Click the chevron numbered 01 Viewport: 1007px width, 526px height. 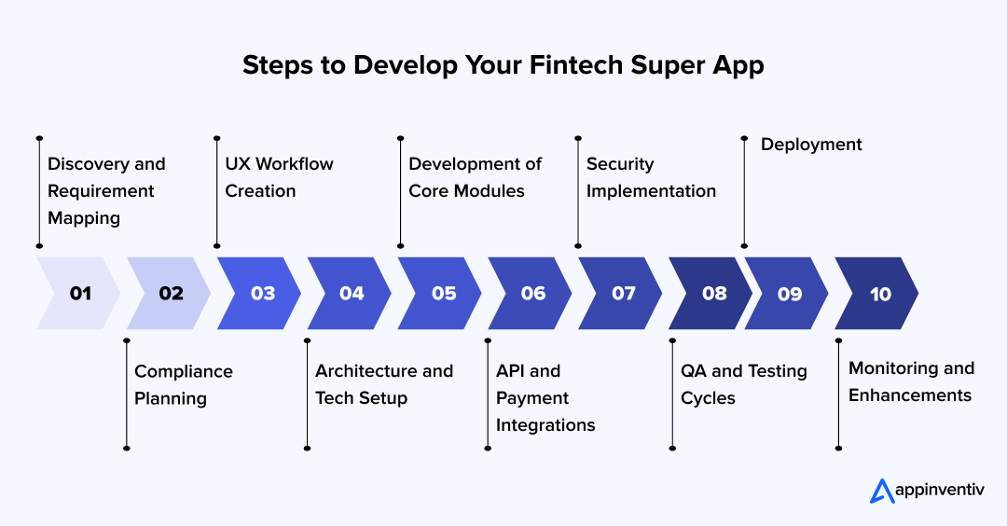[79, 294]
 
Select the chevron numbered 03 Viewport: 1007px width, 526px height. [262, 294]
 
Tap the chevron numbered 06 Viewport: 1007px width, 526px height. [532, 294]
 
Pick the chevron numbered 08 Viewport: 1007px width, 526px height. [712, 294]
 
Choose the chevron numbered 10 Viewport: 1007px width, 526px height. [879, 294]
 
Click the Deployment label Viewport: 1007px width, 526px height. [811, 145]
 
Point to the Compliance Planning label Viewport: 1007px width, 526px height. [183, 384]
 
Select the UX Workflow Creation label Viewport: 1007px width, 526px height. [278, 177]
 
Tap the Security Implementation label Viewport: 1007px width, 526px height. [651, 177]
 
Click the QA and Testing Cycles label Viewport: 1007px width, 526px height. [743, 384]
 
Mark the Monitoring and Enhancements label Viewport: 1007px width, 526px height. [911, 381]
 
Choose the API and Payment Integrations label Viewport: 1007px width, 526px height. [545, 397]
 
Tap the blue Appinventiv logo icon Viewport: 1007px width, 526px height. [881, 491]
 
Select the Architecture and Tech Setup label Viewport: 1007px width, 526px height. [383, 384]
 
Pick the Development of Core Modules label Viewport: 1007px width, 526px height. [475, 177]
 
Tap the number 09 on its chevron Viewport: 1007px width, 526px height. [789, 294]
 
